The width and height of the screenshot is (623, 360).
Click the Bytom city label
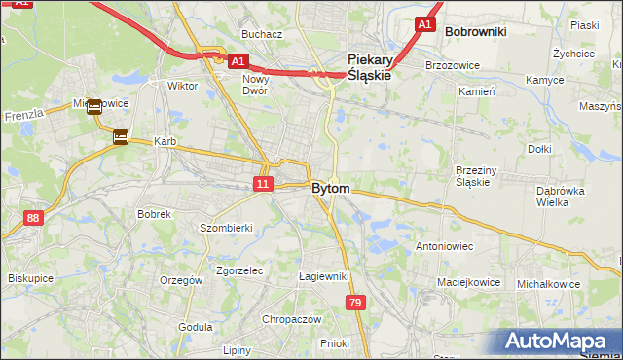pyautogui.click(x=331, y=188)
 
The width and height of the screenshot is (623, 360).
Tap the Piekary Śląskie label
pyautogui.click(x=369, y=66)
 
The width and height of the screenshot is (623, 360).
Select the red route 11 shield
pyautogui.click(x=263, y=183)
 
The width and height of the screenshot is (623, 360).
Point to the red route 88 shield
pyautogui.click(x=34, y=218)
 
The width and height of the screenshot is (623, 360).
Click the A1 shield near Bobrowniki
pyautogui.click(x=423, y=23)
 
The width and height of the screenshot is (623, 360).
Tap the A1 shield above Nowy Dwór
pyautogui.click(x=238, y=60)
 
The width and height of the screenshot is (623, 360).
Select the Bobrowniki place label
pyautogui.click(x=475, y=32)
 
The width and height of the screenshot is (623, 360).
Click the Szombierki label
pyautogui.click(x=226, y=228)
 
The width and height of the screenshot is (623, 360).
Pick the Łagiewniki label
pyautogui.click(x=324, y=276)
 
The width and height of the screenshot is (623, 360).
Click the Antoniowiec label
pyautogui.click(x=444, y=246)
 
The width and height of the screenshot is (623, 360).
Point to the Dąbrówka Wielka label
pyautogui.click(x=560, y=197)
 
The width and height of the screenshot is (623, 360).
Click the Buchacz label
pyautogui.click(x=262, y=34)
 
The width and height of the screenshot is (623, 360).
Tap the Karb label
pyautogui.click(x=165, y=142)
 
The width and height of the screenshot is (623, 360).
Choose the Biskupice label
pyautogui.click(x=30, y=278)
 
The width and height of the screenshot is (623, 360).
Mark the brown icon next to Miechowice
pyautogui.click(x=94, y=107)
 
